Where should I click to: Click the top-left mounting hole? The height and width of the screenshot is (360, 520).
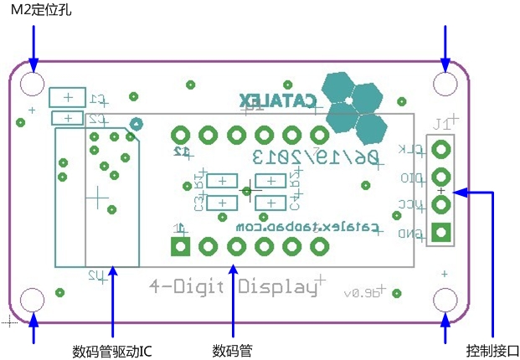33,84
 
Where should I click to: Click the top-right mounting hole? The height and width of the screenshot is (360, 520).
445,84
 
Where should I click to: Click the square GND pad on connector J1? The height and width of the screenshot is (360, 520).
441,233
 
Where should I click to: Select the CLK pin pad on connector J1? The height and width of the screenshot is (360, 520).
441,150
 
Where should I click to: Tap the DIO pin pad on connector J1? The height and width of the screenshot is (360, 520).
441,177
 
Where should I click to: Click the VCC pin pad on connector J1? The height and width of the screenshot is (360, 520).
441,204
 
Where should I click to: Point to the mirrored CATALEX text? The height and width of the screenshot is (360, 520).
281,100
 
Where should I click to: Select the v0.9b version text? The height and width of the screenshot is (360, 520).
362,293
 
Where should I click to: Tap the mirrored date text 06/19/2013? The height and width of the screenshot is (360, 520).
316,157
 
